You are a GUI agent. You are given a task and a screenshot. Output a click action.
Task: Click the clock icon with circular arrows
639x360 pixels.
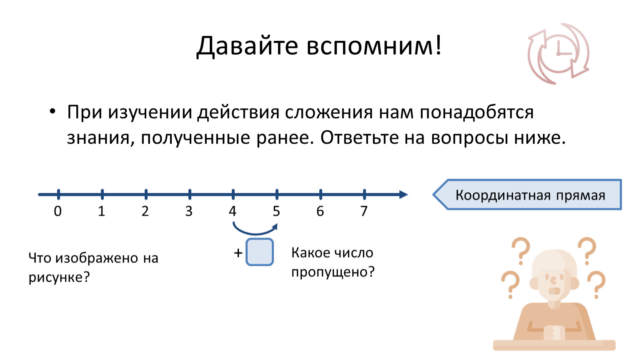[x=558, y=54]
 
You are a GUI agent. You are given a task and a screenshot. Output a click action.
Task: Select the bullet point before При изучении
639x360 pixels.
[x=52, y=112]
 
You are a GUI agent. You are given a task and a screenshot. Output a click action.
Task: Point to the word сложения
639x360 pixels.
[x=328, y=112]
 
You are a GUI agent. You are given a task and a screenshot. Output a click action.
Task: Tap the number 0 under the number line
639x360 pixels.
[x=58, y=211]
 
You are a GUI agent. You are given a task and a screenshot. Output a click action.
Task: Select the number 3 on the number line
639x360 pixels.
[x=189, y=211]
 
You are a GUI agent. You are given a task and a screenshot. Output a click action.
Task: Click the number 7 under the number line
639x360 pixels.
[x=364, y=211]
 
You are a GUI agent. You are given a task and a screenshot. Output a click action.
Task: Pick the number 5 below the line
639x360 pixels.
[x=276, y=211]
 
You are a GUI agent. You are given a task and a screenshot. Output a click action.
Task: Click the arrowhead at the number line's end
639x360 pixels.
[x=403, y=195]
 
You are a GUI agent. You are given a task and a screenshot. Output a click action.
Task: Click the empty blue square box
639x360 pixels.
[x=260, y=252]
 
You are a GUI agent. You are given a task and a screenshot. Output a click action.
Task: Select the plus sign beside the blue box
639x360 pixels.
[x=238, y=253]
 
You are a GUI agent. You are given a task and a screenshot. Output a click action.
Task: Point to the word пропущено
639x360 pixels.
[x=333, y=272]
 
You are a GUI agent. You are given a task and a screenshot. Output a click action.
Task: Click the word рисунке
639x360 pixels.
[x=59, y=277]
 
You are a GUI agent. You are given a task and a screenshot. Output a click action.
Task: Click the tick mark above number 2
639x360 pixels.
[x=146, y=194]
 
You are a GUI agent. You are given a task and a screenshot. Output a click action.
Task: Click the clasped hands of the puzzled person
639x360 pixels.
[x=554, y=332]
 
